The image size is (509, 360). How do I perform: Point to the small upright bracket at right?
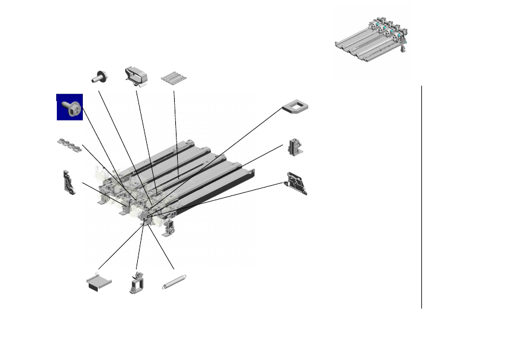[295, 147]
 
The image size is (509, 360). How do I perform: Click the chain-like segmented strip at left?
[68, 145]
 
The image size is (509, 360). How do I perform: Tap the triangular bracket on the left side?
[70, 183]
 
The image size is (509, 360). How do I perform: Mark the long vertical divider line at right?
[421, 197]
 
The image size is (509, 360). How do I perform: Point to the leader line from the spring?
[160, 248]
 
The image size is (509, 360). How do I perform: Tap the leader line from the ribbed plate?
[175, 133]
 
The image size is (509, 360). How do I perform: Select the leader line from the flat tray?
[121, 247]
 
